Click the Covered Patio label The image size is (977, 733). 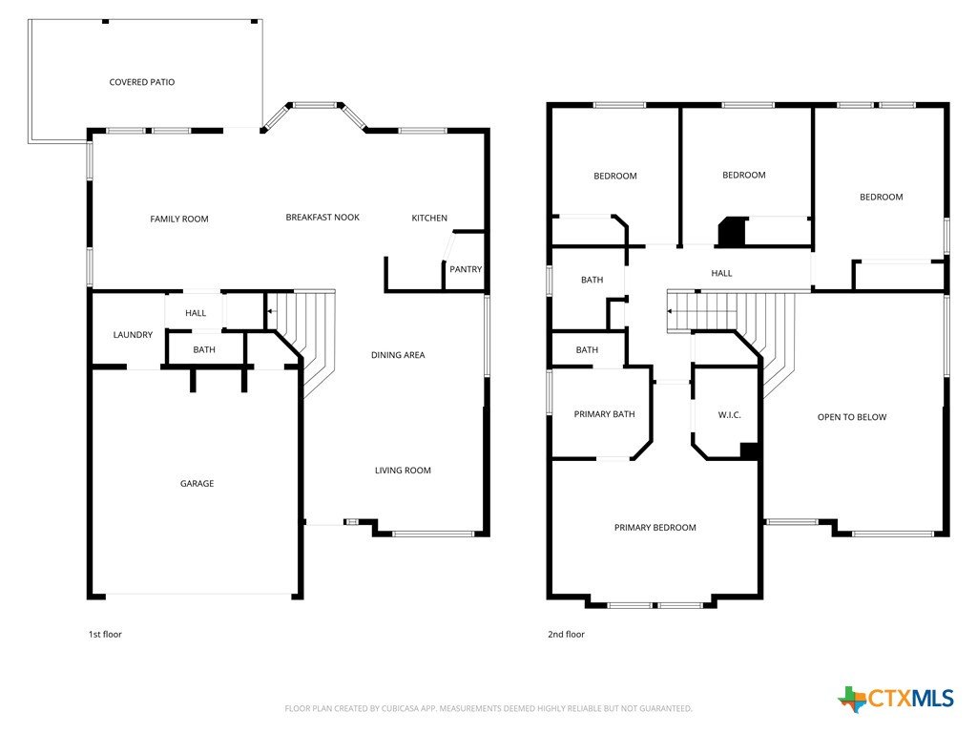coord(142,82)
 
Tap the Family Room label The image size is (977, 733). coord(179,219)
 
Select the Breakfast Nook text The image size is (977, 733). coord(322,217)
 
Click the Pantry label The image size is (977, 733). coord(466,269)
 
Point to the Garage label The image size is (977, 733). coord(197,483)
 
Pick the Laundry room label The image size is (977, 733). coord(133,335)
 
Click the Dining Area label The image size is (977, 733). coord(398,355)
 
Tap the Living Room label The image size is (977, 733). coord(404,470)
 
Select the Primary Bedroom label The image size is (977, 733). coord(655,527)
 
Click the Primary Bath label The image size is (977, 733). coord(604,414)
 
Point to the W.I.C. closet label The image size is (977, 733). coord(730,414)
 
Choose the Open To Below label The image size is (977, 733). coord(852,417)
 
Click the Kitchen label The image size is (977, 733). coord(429,218)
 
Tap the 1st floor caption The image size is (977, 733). coord(105,634)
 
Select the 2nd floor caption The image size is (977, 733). coord(567,634)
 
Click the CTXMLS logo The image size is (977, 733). coord(896,699)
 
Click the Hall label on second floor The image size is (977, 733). coord(721,273)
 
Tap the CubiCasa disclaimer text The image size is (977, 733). coord(488,708)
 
